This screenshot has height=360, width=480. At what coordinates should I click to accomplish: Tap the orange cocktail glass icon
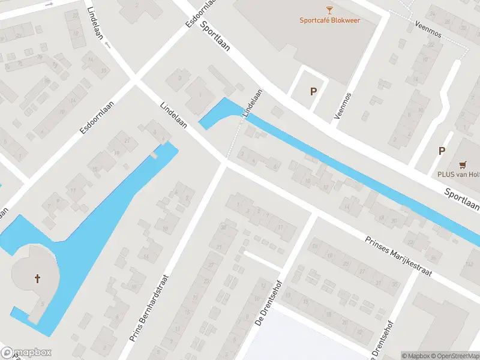coord(329,9)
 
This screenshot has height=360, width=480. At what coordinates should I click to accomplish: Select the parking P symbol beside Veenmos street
coord(313,92)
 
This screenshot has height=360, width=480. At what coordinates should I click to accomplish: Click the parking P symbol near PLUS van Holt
coord(442,151)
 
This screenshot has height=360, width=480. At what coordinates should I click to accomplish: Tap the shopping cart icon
coord(463,164)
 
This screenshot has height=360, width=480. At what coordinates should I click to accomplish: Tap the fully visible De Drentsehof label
coord(268,303)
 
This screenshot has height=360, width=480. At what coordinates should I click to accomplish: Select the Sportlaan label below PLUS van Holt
coord(461,199)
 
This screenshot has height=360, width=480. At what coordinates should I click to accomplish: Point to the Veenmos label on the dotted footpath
coord(428,30)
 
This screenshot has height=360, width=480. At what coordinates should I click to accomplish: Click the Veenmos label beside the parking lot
coord(341,105)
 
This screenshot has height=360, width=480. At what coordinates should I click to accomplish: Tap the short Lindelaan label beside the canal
coord(253,103)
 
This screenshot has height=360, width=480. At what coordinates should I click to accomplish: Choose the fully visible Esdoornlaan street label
coord(97,117)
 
